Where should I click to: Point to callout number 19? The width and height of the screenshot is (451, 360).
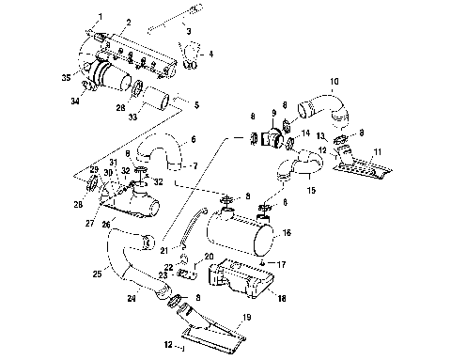246,320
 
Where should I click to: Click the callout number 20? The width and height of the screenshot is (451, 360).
210,257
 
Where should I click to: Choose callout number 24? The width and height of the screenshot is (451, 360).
129,301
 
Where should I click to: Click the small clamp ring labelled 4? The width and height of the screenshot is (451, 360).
192,64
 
